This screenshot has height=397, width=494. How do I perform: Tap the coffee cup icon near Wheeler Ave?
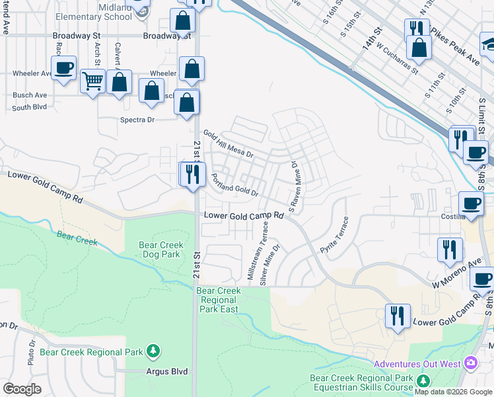coord(63,68)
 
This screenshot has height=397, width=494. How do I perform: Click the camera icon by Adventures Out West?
coord(470,363)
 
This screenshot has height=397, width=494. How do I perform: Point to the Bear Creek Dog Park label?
coord(160,249)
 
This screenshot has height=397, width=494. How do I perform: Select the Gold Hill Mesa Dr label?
coord(228,143)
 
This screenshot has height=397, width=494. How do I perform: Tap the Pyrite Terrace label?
coord(334,236)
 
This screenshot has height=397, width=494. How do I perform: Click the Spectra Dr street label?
coord(137,120)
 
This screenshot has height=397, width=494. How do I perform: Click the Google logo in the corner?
coord(22,389)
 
